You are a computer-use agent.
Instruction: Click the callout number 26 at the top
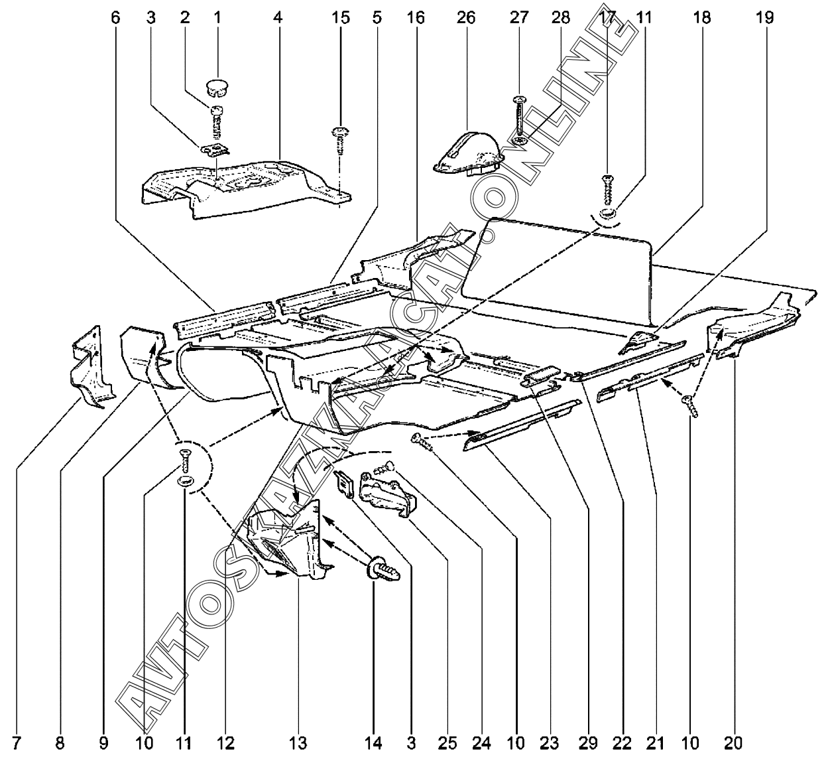point(466,17)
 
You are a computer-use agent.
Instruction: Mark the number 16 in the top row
point(416,17)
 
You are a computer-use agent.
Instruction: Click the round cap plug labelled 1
point(217,85)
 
